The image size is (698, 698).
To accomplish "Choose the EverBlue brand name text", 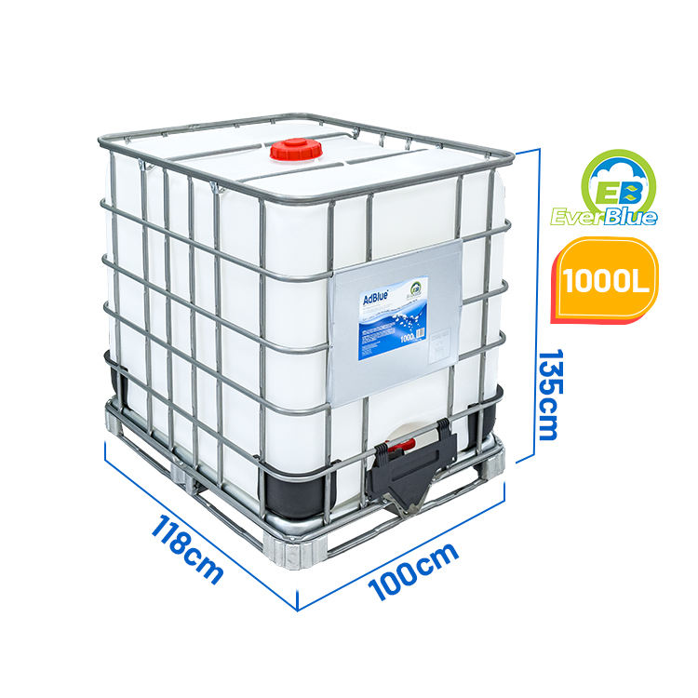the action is click(x=616, y=217).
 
